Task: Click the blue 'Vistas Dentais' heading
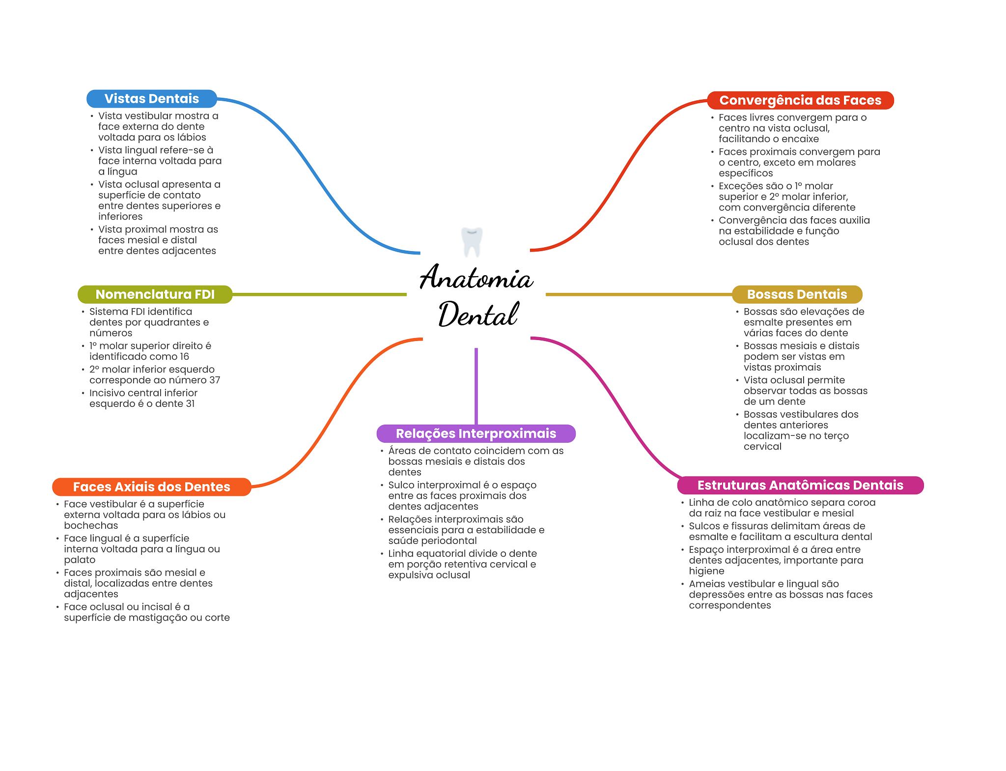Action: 151,99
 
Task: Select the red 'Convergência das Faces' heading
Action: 800,100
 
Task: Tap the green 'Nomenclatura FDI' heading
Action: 155,294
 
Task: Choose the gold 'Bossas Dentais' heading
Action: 797,294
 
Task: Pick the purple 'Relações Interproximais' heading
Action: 476,433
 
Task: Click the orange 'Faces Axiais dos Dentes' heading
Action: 151,487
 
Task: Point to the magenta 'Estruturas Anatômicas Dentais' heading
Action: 800,485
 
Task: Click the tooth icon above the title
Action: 472,242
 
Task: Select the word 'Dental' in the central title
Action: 478,314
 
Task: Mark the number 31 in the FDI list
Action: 190,404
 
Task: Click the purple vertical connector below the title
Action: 476,386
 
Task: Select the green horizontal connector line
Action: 319,294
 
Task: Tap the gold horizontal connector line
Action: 639,294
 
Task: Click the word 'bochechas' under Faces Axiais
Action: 91,526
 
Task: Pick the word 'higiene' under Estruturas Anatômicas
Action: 706,571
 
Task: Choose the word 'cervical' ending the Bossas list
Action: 762,447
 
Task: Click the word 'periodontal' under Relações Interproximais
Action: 448,541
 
